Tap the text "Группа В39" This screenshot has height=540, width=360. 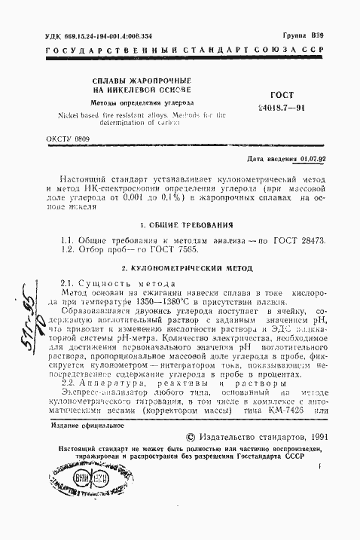pos(304,35)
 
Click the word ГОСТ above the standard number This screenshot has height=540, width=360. pos(280,96)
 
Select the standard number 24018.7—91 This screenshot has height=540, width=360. pos(280,108)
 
